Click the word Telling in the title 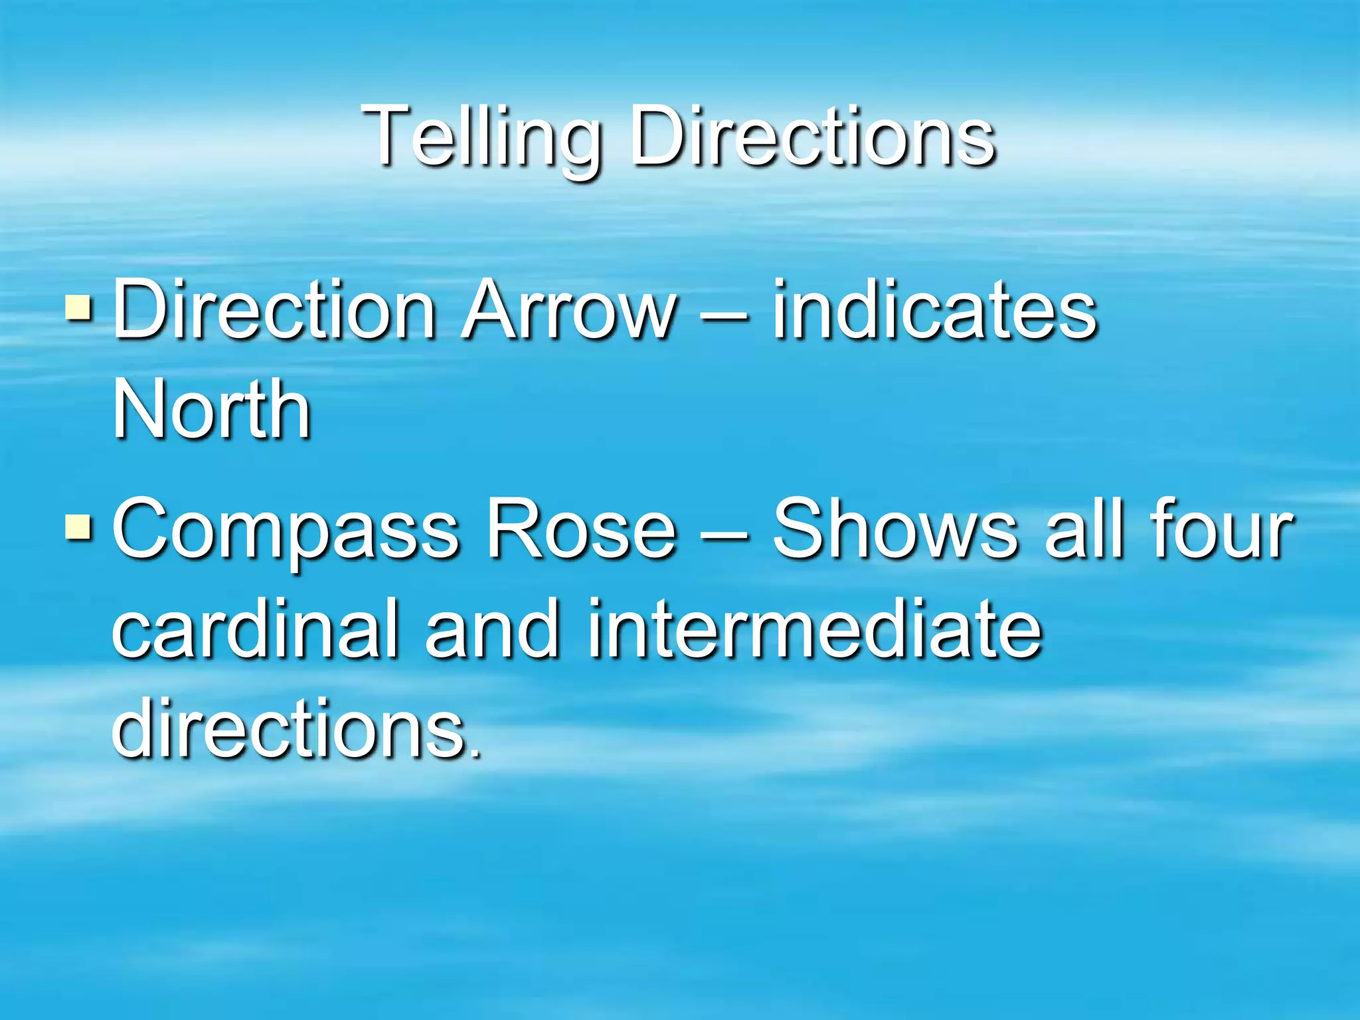[x=481, y=138]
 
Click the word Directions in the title [x=811, y=138]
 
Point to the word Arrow [x=569, y=310]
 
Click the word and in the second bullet [x=491, y=628]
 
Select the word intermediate [x=814, y=628]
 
